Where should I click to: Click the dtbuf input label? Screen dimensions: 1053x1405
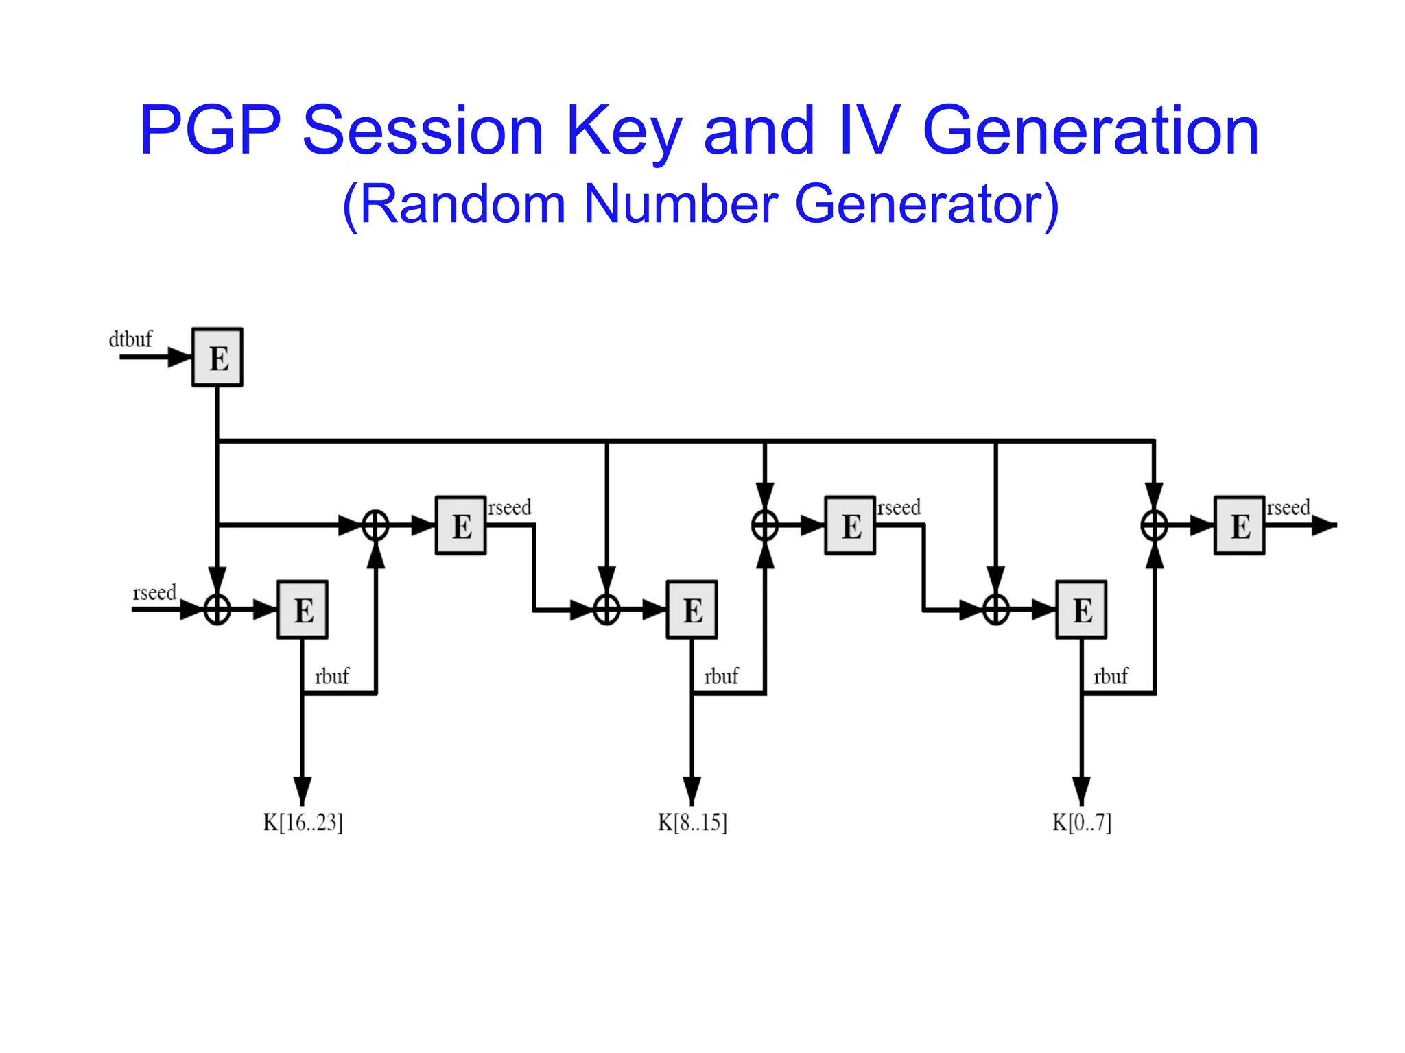130,339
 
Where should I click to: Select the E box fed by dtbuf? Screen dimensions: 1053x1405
217,357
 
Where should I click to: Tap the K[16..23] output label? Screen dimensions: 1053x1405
303,822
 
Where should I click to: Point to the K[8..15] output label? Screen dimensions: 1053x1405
692,822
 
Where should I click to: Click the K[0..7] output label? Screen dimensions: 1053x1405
1081,822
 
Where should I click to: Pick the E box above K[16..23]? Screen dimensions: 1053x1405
303,609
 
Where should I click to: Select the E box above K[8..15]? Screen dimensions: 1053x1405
692,609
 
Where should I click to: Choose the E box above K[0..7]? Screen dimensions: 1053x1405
1081,609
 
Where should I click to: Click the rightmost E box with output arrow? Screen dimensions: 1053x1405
1239,525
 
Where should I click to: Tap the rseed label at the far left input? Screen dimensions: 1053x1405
154,592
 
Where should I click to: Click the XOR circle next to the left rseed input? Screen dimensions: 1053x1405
217,609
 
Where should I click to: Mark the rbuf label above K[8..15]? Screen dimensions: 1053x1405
721,677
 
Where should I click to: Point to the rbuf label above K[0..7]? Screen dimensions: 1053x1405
1110,677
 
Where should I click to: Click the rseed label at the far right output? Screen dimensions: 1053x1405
1288,508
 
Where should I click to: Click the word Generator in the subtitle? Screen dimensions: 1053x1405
926,204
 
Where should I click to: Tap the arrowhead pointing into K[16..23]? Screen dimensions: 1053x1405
303,790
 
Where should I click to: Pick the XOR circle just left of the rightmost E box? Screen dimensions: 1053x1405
1154,526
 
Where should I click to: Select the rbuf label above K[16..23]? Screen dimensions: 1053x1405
331,677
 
